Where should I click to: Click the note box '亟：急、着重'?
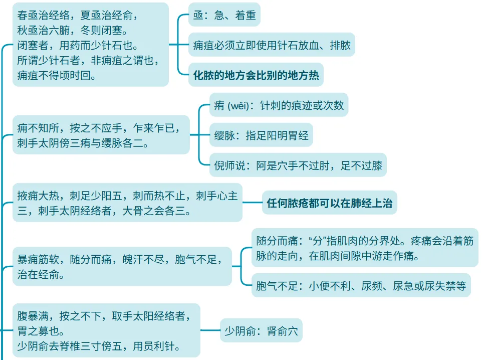click(x=224, y=16)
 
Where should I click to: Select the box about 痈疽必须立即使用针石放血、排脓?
click(x=272, y=46)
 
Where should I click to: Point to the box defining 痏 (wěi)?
click(x=279, y=106)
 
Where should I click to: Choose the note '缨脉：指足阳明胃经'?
click(x=261, y=135)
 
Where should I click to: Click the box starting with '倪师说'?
click(x=298, y=165)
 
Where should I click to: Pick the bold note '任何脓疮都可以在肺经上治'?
click(x=330, y=203)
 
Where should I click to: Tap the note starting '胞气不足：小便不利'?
click(x=361, y=286)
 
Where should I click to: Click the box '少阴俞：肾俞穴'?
click(x=261, y=330)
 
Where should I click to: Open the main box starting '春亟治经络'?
click(x=90, y=45)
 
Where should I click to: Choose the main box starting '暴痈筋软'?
click(x=122, y=267)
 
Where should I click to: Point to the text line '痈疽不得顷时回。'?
click(x=57, y=76)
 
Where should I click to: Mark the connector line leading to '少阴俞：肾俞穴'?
click(x=210, y=330)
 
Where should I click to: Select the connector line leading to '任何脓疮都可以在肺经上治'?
click(x=252, y=203)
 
